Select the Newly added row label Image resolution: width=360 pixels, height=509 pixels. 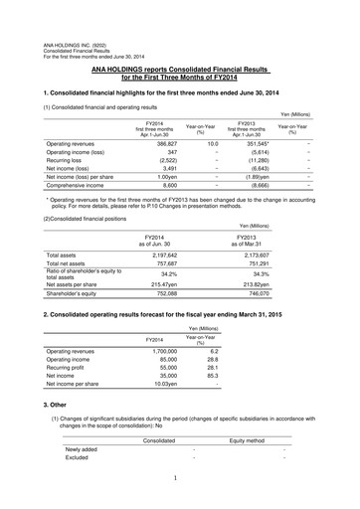(81, 449)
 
